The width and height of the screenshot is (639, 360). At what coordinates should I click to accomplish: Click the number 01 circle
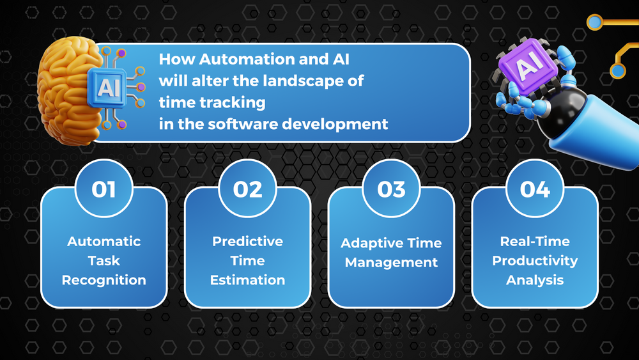coord(104,189)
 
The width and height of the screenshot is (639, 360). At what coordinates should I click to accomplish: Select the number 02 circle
coord(248,189)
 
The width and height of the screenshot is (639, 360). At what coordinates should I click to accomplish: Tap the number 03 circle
coord(391,189)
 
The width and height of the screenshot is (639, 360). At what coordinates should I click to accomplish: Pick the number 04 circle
coord(535,189)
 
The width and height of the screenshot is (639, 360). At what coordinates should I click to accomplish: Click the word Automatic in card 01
coord(104,242)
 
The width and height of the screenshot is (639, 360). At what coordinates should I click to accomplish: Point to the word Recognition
coord(104,280)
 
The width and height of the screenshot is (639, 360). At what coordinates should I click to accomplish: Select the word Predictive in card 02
coord(248,242)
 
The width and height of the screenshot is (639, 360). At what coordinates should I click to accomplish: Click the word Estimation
coord(248,280)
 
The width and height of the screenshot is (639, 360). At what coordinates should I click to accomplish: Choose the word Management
coord(391,262)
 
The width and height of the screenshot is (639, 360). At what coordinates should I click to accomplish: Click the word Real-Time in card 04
coord(535,242)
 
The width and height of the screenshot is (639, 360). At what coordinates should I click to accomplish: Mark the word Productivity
coord(535,261)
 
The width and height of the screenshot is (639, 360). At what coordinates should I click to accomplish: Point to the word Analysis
coord(535,280)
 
